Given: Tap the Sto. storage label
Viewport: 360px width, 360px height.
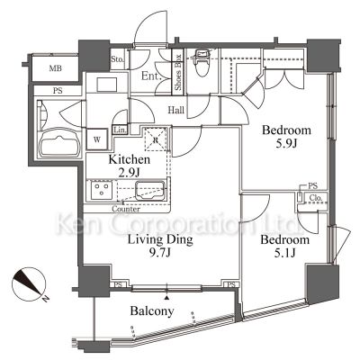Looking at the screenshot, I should coord(118,61).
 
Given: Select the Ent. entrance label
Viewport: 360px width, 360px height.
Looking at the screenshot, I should coord(149,77).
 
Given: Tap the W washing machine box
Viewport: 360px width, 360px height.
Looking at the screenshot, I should coord(96,140).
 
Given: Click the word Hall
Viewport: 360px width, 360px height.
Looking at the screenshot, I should coord(176,111).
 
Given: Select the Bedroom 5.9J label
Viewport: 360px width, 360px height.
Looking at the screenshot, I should coord(286,137).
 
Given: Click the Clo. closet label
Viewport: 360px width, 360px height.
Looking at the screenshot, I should coord(317,200).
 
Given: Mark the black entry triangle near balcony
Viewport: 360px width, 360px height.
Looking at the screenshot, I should coord(167,294).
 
